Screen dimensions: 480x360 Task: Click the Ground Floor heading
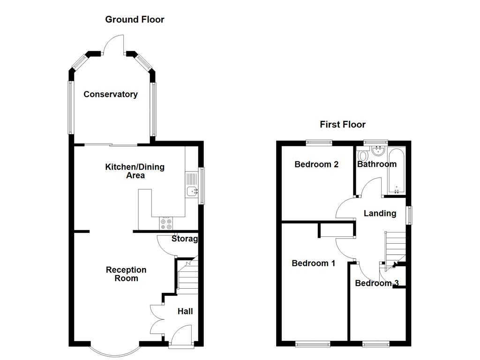[x=135, y=20]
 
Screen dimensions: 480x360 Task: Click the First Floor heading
[x=343, y=124]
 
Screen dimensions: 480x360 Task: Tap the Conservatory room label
[x=111, y=94]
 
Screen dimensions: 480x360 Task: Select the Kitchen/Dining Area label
[x=135, y=171]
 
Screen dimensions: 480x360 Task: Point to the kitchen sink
[x=192, y=191]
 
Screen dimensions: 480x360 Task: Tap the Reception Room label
[x=126, y=274]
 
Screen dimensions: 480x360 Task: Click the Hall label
[x=185, y=311]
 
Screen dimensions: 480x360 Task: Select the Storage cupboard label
[x=185, y=239]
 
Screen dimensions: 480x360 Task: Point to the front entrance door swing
[x=181, y=336]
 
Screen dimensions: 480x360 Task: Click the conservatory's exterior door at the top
[x=114, y=45]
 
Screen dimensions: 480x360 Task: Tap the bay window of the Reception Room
[x=115, y=352]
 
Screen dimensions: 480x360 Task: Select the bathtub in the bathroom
[x=397, y=171]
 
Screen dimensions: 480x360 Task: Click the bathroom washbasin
[x=379, y=150]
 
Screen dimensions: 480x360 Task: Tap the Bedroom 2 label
[x=316, y=165]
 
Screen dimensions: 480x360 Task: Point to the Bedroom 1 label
[x=314, y=263]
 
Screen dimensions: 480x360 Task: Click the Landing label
[x=380, y=213]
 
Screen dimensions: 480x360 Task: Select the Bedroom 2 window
[x=319, y=142]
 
